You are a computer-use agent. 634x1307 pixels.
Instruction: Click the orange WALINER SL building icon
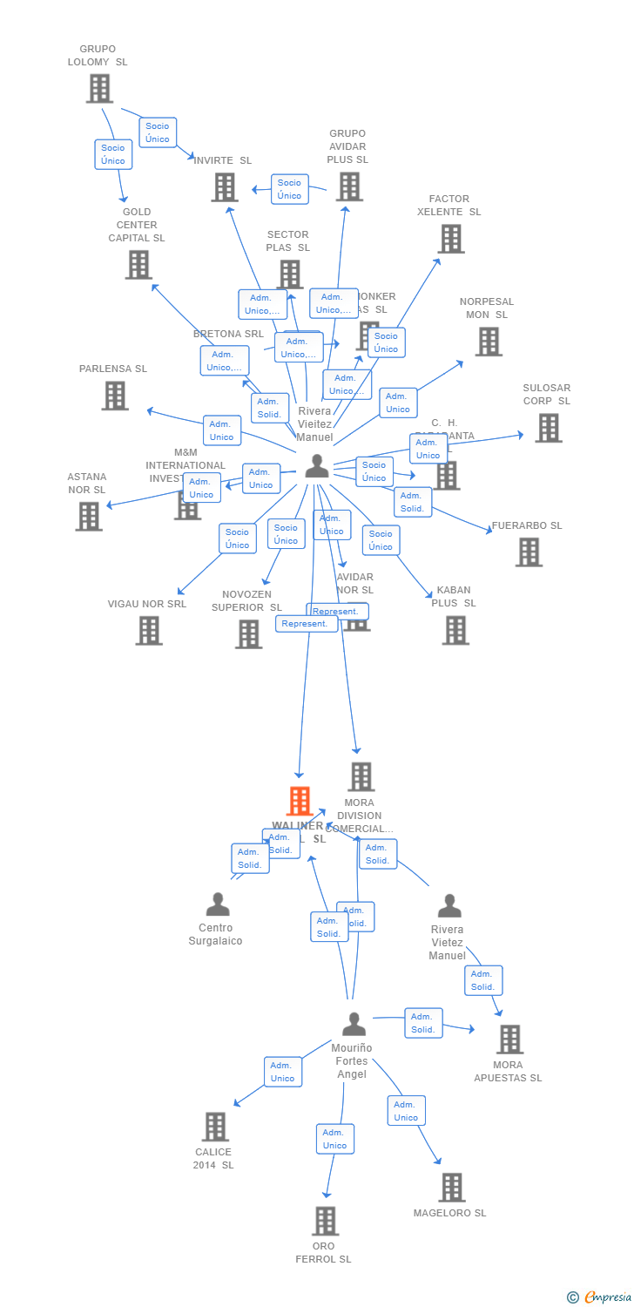(x=300, y=801)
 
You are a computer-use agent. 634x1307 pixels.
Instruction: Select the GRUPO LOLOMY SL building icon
(x=99, y=88)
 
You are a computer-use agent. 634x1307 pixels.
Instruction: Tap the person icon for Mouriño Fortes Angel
(x=354, y=1024)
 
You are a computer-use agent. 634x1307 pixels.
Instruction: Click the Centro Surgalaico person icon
(x=218, y=904)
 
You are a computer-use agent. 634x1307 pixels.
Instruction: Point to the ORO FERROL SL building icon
(x=325, y=1221)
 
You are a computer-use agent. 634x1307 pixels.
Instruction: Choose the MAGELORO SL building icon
(x=451, y=1187)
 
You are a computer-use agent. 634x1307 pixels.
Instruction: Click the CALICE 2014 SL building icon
(x=215, y=1126)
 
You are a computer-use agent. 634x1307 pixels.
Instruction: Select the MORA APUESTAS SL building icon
(x=509, y=1039)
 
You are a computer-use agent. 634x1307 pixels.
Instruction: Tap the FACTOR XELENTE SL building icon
(x=451, y=238)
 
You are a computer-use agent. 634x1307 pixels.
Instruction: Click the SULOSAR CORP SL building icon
(x=548, y=428)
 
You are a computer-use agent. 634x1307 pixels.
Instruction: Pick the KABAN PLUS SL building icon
(x=455, y=630)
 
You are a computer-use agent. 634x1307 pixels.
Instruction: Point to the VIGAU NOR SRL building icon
(x=149, y=630)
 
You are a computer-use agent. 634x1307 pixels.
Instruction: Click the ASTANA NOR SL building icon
(x=89, y=516)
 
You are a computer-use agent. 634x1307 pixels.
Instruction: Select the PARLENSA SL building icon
(x=115, y=396)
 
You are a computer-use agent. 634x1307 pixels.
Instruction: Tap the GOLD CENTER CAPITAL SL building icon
(x=138, y=264)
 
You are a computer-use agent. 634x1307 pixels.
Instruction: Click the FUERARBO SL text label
(x=527, y=525)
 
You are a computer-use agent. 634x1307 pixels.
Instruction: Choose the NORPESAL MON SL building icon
(x=489, y=341)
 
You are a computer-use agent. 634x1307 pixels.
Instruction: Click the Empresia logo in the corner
(x=601, y=1297)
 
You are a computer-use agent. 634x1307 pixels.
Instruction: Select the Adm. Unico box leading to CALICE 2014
(x=283, y=1072)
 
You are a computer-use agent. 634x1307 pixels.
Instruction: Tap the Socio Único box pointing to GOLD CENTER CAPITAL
(x=113, y=154)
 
